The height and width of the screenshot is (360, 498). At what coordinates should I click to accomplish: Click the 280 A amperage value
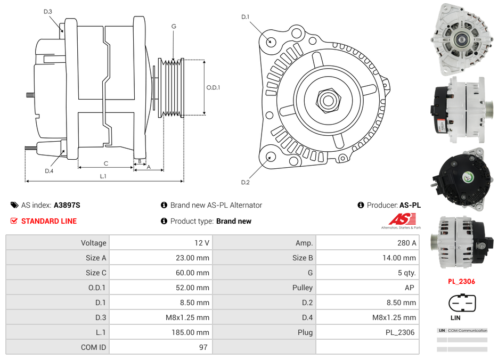coord(407,243)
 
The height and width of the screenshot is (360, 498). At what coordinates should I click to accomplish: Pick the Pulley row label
coord(303,288)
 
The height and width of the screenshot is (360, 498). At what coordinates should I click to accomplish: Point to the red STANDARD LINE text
coord(49,221)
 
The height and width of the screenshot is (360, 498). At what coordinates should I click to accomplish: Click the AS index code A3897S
coord(67,205)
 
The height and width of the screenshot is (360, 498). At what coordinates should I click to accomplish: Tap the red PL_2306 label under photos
coord(461,281)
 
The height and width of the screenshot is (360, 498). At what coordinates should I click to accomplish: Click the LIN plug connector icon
coord(462,303)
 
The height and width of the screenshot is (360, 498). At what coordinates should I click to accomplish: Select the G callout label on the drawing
coord(174,26)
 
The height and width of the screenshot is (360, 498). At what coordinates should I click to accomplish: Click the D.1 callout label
coord(246,17)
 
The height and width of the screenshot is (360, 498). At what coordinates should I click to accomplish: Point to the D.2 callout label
coord(246,182)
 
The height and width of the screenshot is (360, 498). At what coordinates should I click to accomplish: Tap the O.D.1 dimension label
coord(213,87)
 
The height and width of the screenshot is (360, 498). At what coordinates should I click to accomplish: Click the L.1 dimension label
coord(103,176)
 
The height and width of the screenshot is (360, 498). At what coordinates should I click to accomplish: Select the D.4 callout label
coord(49,170)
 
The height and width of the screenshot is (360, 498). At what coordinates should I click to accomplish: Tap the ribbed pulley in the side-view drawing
coord(173,88)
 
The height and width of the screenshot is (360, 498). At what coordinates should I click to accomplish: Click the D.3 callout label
coord(48,11)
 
